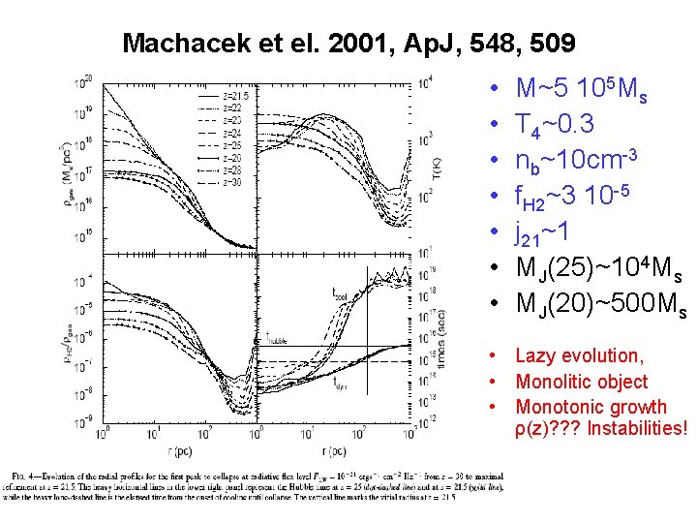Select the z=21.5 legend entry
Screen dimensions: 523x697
point(236,96)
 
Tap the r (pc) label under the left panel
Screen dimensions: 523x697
point(173,451)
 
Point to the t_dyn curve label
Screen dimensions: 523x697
point(341,383)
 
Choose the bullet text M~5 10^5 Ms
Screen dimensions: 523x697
point(582,91)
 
